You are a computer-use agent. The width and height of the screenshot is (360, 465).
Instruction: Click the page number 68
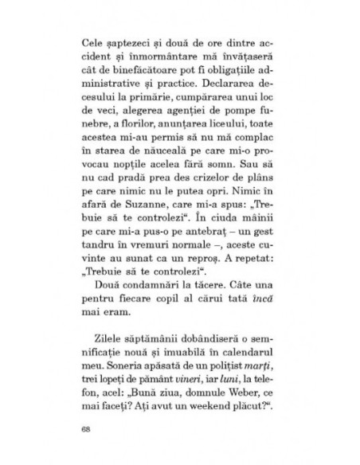pos(86,430)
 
